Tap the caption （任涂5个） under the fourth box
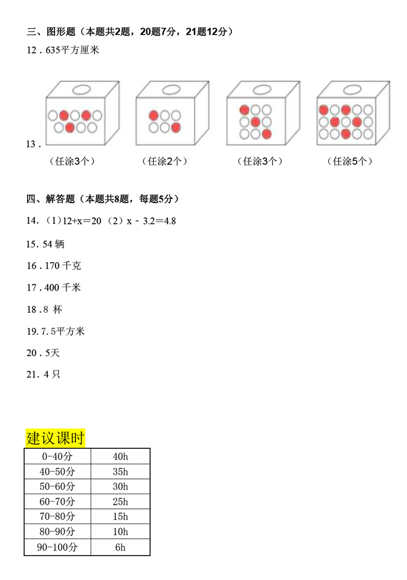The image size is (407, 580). (351, 161)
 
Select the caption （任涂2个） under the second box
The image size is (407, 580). (165, 161)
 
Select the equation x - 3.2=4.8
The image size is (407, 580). (147, 221)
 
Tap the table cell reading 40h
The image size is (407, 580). (120, 456)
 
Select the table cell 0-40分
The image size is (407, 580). (58, 456)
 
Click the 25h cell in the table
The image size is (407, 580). (120, 502)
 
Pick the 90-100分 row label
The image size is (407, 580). (58, 547)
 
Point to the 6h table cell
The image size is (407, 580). (120, 547)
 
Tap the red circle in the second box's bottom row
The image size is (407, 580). (176, 127)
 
